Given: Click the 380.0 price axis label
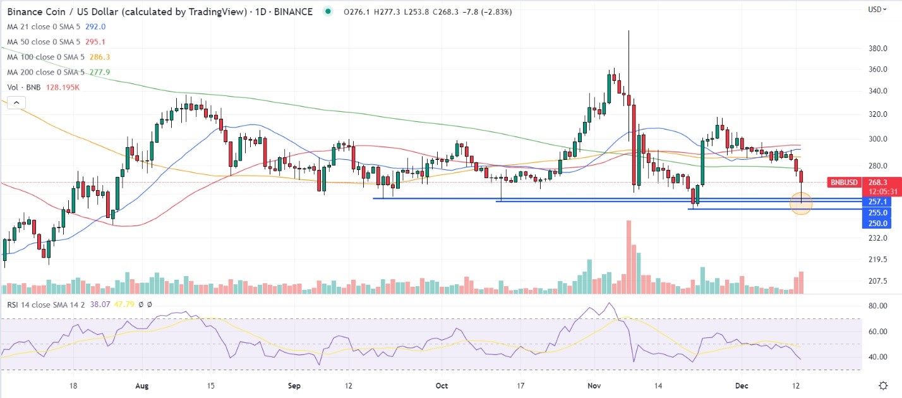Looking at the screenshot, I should (x=878, y=49).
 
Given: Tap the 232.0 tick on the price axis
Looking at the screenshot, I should (x=878, y=238).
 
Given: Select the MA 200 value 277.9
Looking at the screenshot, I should (x=100, y=72).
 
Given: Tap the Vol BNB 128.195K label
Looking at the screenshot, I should (x=43, y=87).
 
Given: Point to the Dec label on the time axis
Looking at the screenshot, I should (x=740, y=385).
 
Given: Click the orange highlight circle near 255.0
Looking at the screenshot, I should (x=801, y=205).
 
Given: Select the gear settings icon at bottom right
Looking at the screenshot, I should (x=884, y=385).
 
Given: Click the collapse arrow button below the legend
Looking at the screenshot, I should (x=16, y=102).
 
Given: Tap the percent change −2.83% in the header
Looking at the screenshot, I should (x=496, y=11).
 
